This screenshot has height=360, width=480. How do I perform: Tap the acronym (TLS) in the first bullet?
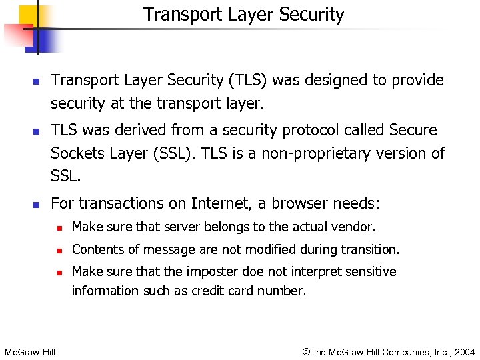point(249,80)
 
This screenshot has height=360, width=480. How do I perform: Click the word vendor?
point(357,227)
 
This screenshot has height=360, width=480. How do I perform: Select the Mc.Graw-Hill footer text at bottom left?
point(30,351)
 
